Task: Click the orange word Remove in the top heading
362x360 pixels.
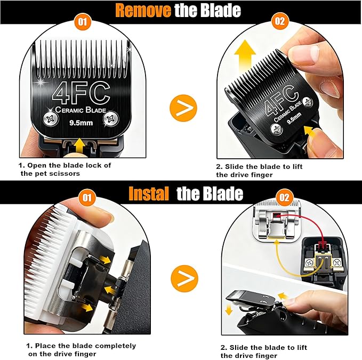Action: click(x=143, y=10)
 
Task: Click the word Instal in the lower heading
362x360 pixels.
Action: click(x=149, y=193)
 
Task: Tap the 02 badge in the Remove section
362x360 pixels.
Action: click(x=279, y=23)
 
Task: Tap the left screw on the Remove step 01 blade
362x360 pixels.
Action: click(x=50, y=120)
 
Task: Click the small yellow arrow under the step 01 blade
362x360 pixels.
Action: click(x=80, y=143)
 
